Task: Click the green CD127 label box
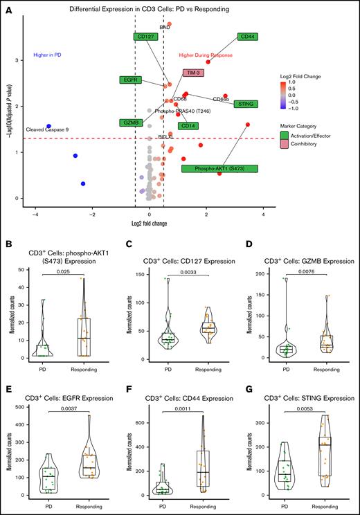146,37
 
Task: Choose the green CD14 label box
187,126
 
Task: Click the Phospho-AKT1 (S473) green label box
219,168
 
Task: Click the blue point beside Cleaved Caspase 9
48,126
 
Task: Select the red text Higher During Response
206,54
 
